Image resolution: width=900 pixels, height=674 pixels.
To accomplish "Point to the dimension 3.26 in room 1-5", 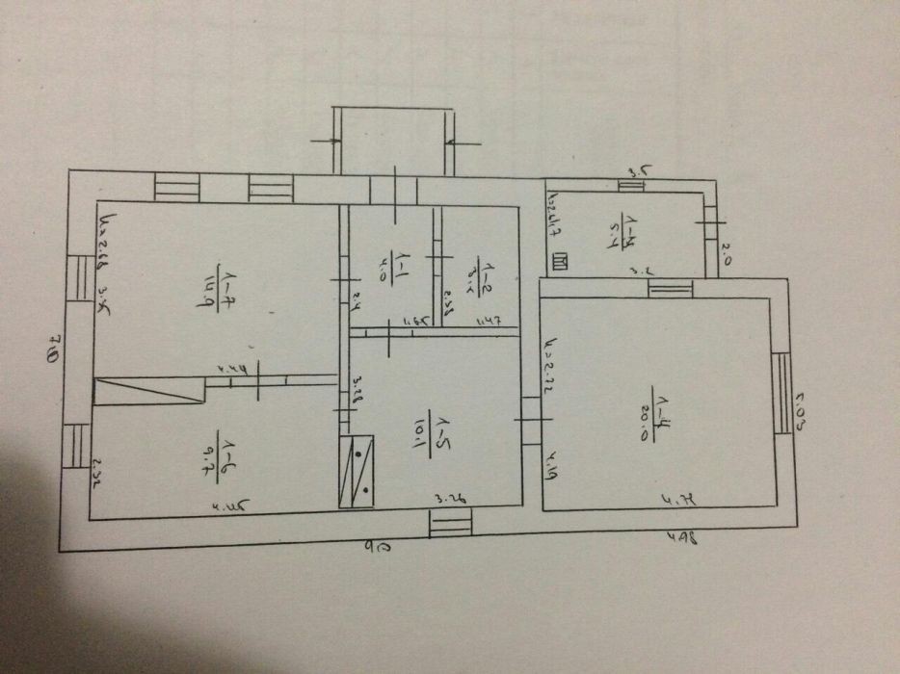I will click(x=451, y=498).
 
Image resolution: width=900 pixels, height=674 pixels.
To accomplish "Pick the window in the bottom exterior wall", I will click(x=450, y=525).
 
